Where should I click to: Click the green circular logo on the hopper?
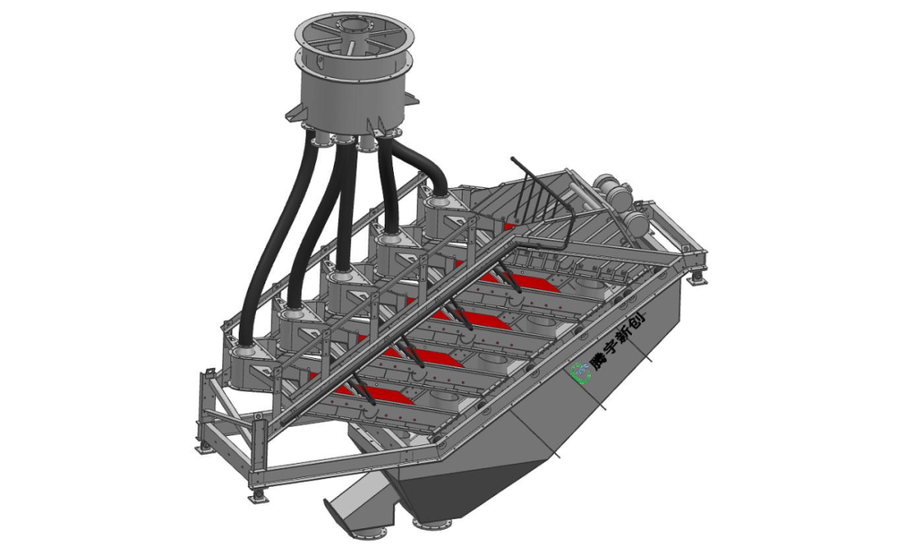point(580,372)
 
